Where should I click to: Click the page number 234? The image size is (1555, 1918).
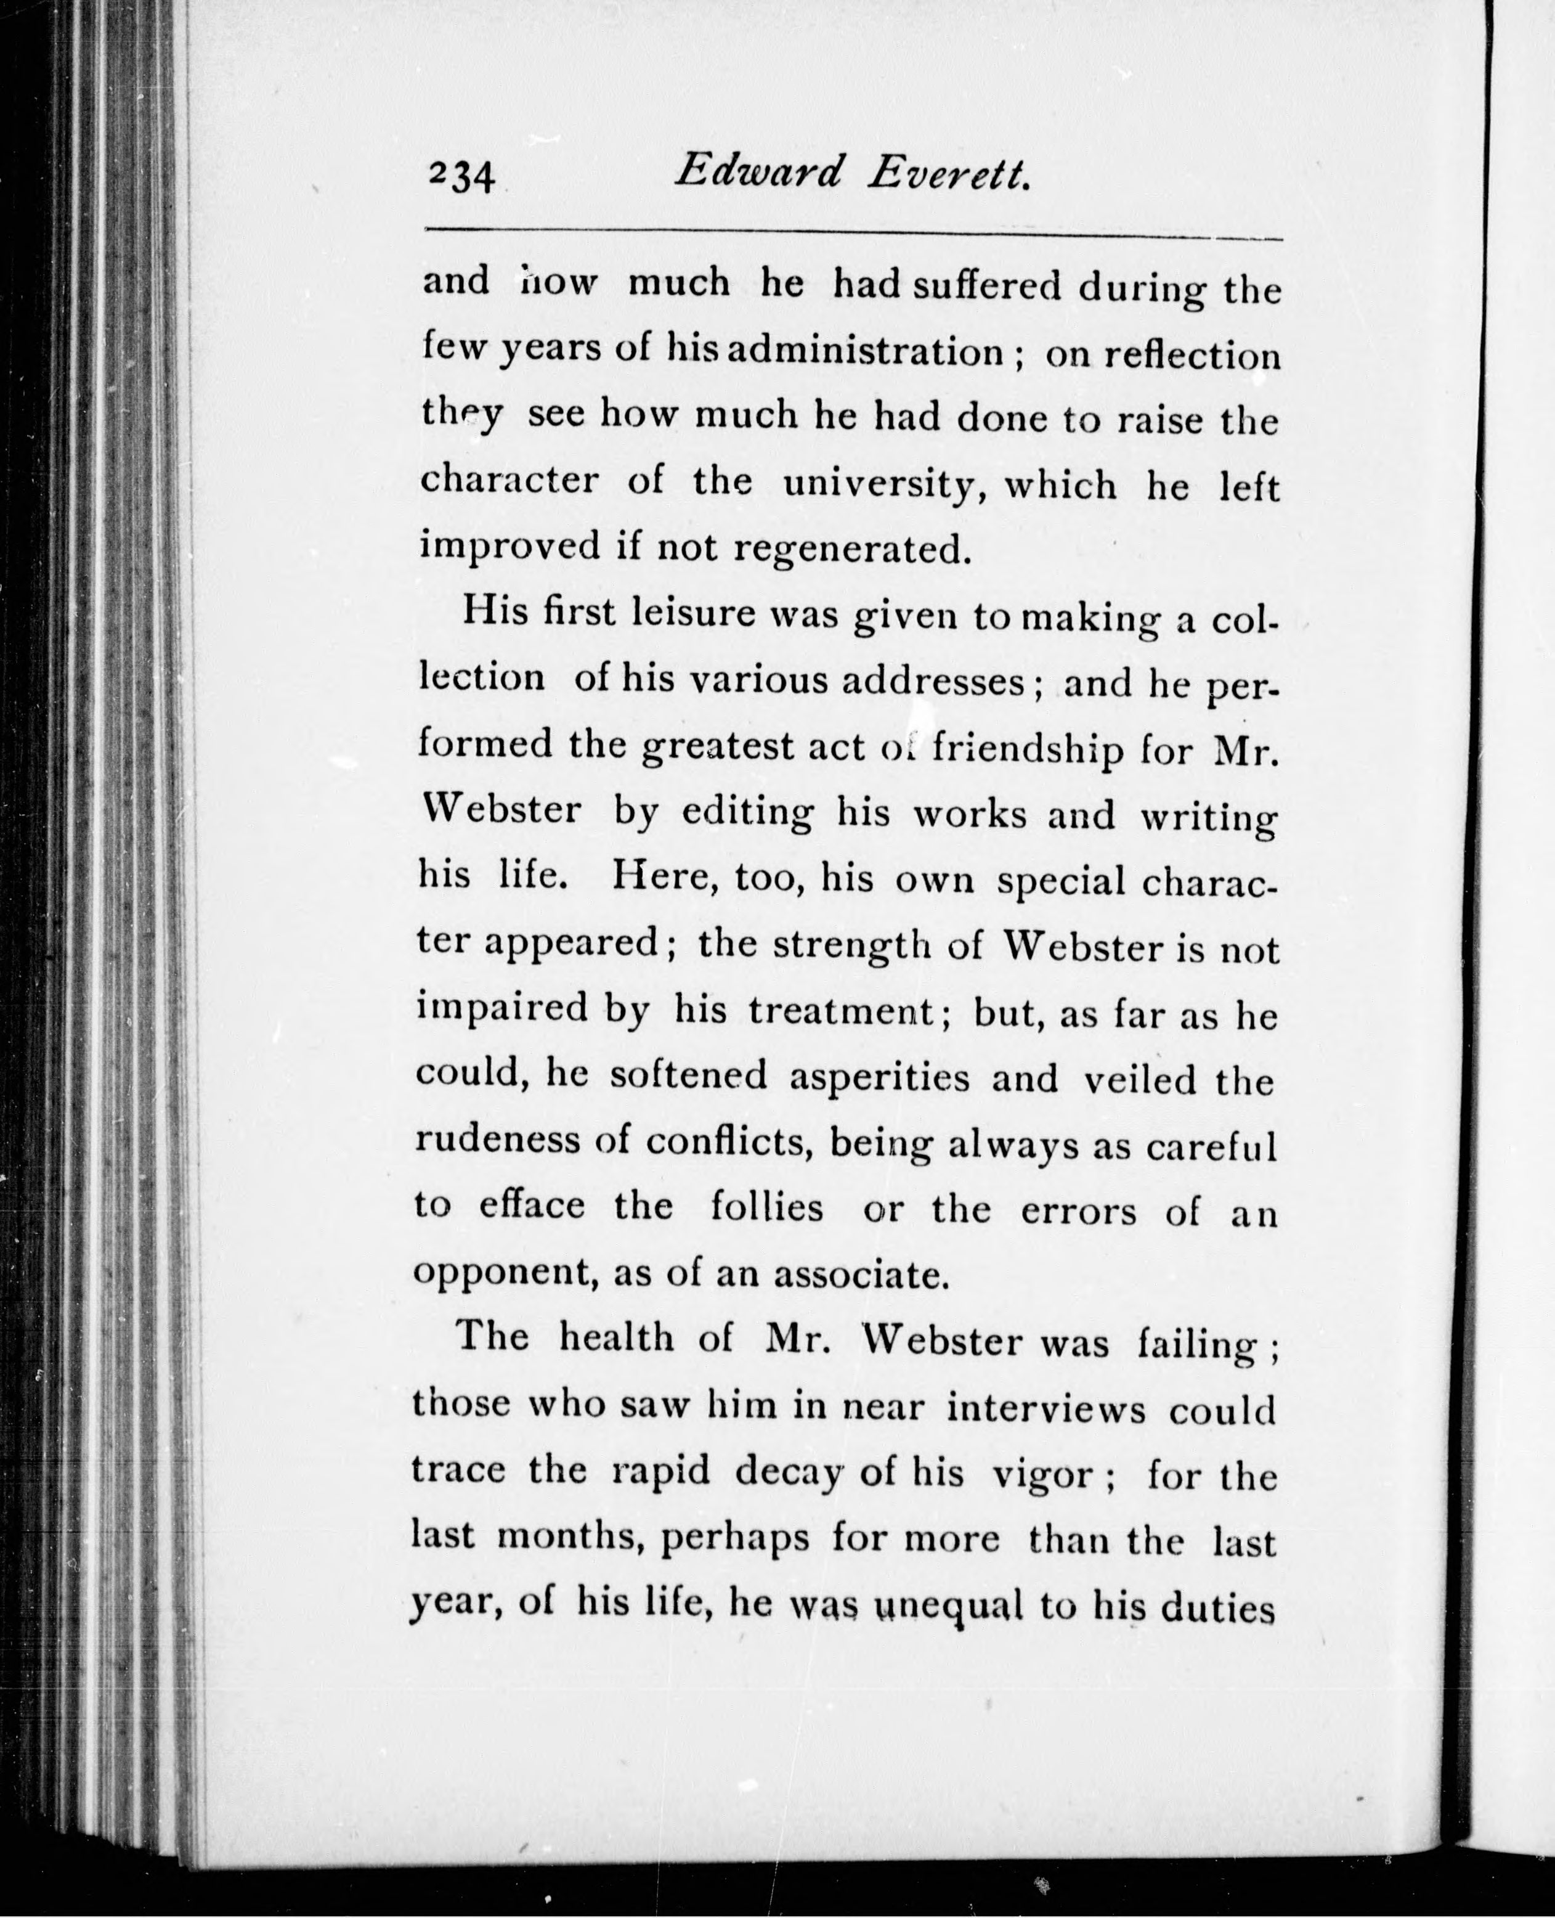(x=461, y=176)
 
